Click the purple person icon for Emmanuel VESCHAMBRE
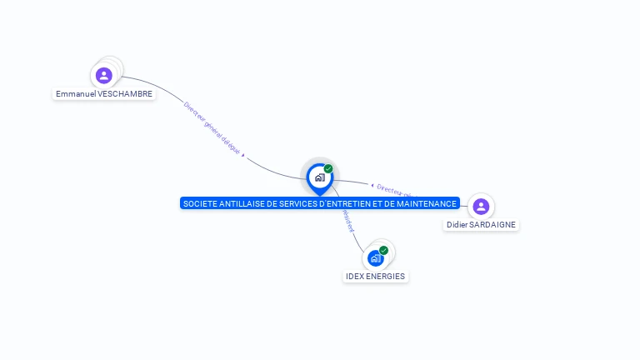tap(103, 76)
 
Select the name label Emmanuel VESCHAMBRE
tap(104, 94)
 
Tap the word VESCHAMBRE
tap(125, 94)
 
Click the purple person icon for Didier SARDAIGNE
tap(480, 207)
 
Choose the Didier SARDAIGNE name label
tap(481, 225)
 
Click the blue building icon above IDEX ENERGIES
tap(375, 258)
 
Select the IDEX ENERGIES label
tap(376, 277)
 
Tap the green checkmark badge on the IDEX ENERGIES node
tap(383, 250)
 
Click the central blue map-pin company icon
tap(319, 177)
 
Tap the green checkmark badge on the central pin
tap(328, 169)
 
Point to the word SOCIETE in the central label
tap(197, 203)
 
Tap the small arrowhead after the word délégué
tap(242, 155)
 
